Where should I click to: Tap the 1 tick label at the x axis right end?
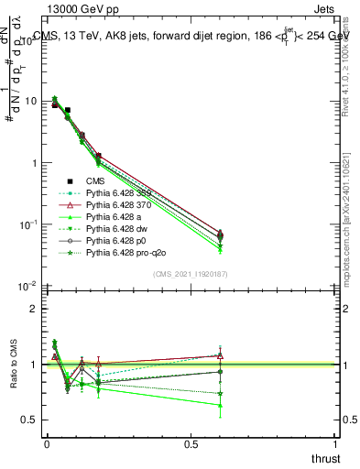[335, 444]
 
